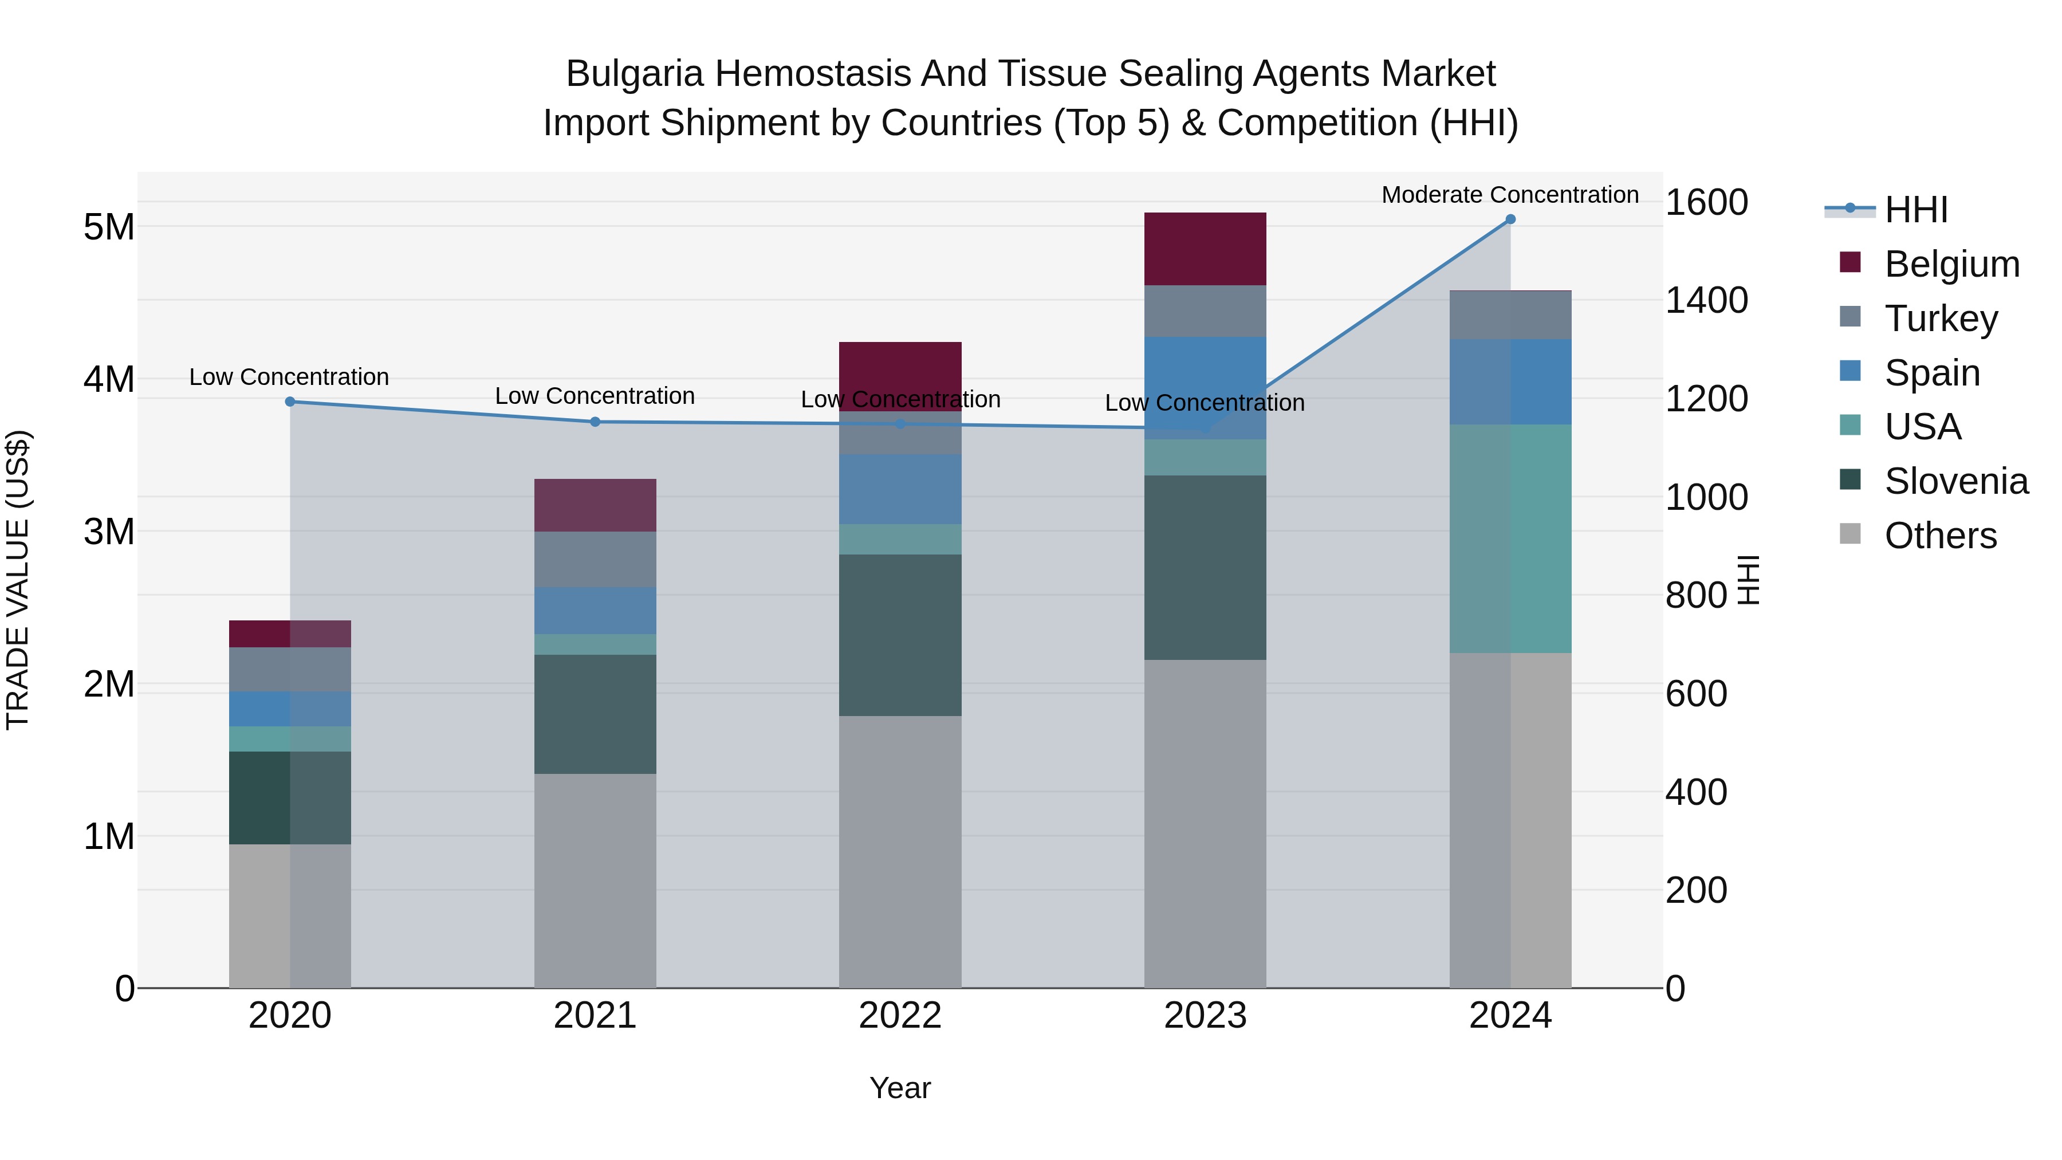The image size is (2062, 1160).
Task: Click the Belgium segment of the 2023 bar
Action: tap(1205, 249)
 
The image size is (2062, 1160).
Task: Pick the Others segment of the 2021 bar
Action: tap(595, 880)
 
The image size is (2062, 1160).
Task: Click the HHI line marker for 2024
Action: tap(1510, 219)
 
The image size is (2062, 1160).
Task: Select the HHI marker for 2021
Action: tap(595, 421)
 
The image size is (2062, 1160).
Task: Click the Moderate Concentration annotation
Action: tap(1510, 195)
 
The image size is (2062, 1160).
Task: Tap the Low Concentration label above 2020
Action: tap(289, 376)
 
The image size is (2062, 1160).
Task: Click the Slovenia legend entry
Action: tap(1955, 481)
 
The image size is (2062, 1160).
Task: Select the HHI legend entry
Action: tap(1915, 209)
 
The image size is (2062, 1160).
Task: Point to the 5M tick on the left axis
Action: tap(109, 226)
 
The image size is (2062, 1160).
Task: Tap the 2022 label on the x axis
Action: tap(900, 1015)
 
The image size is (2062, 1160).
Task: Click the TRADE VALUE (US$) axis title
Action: tap(18, 580)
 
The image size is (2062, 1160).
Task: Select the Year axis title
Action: tap(900, 1088)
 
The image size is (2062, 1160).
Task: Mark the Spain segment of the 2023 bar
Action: tap(1205, 387)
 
